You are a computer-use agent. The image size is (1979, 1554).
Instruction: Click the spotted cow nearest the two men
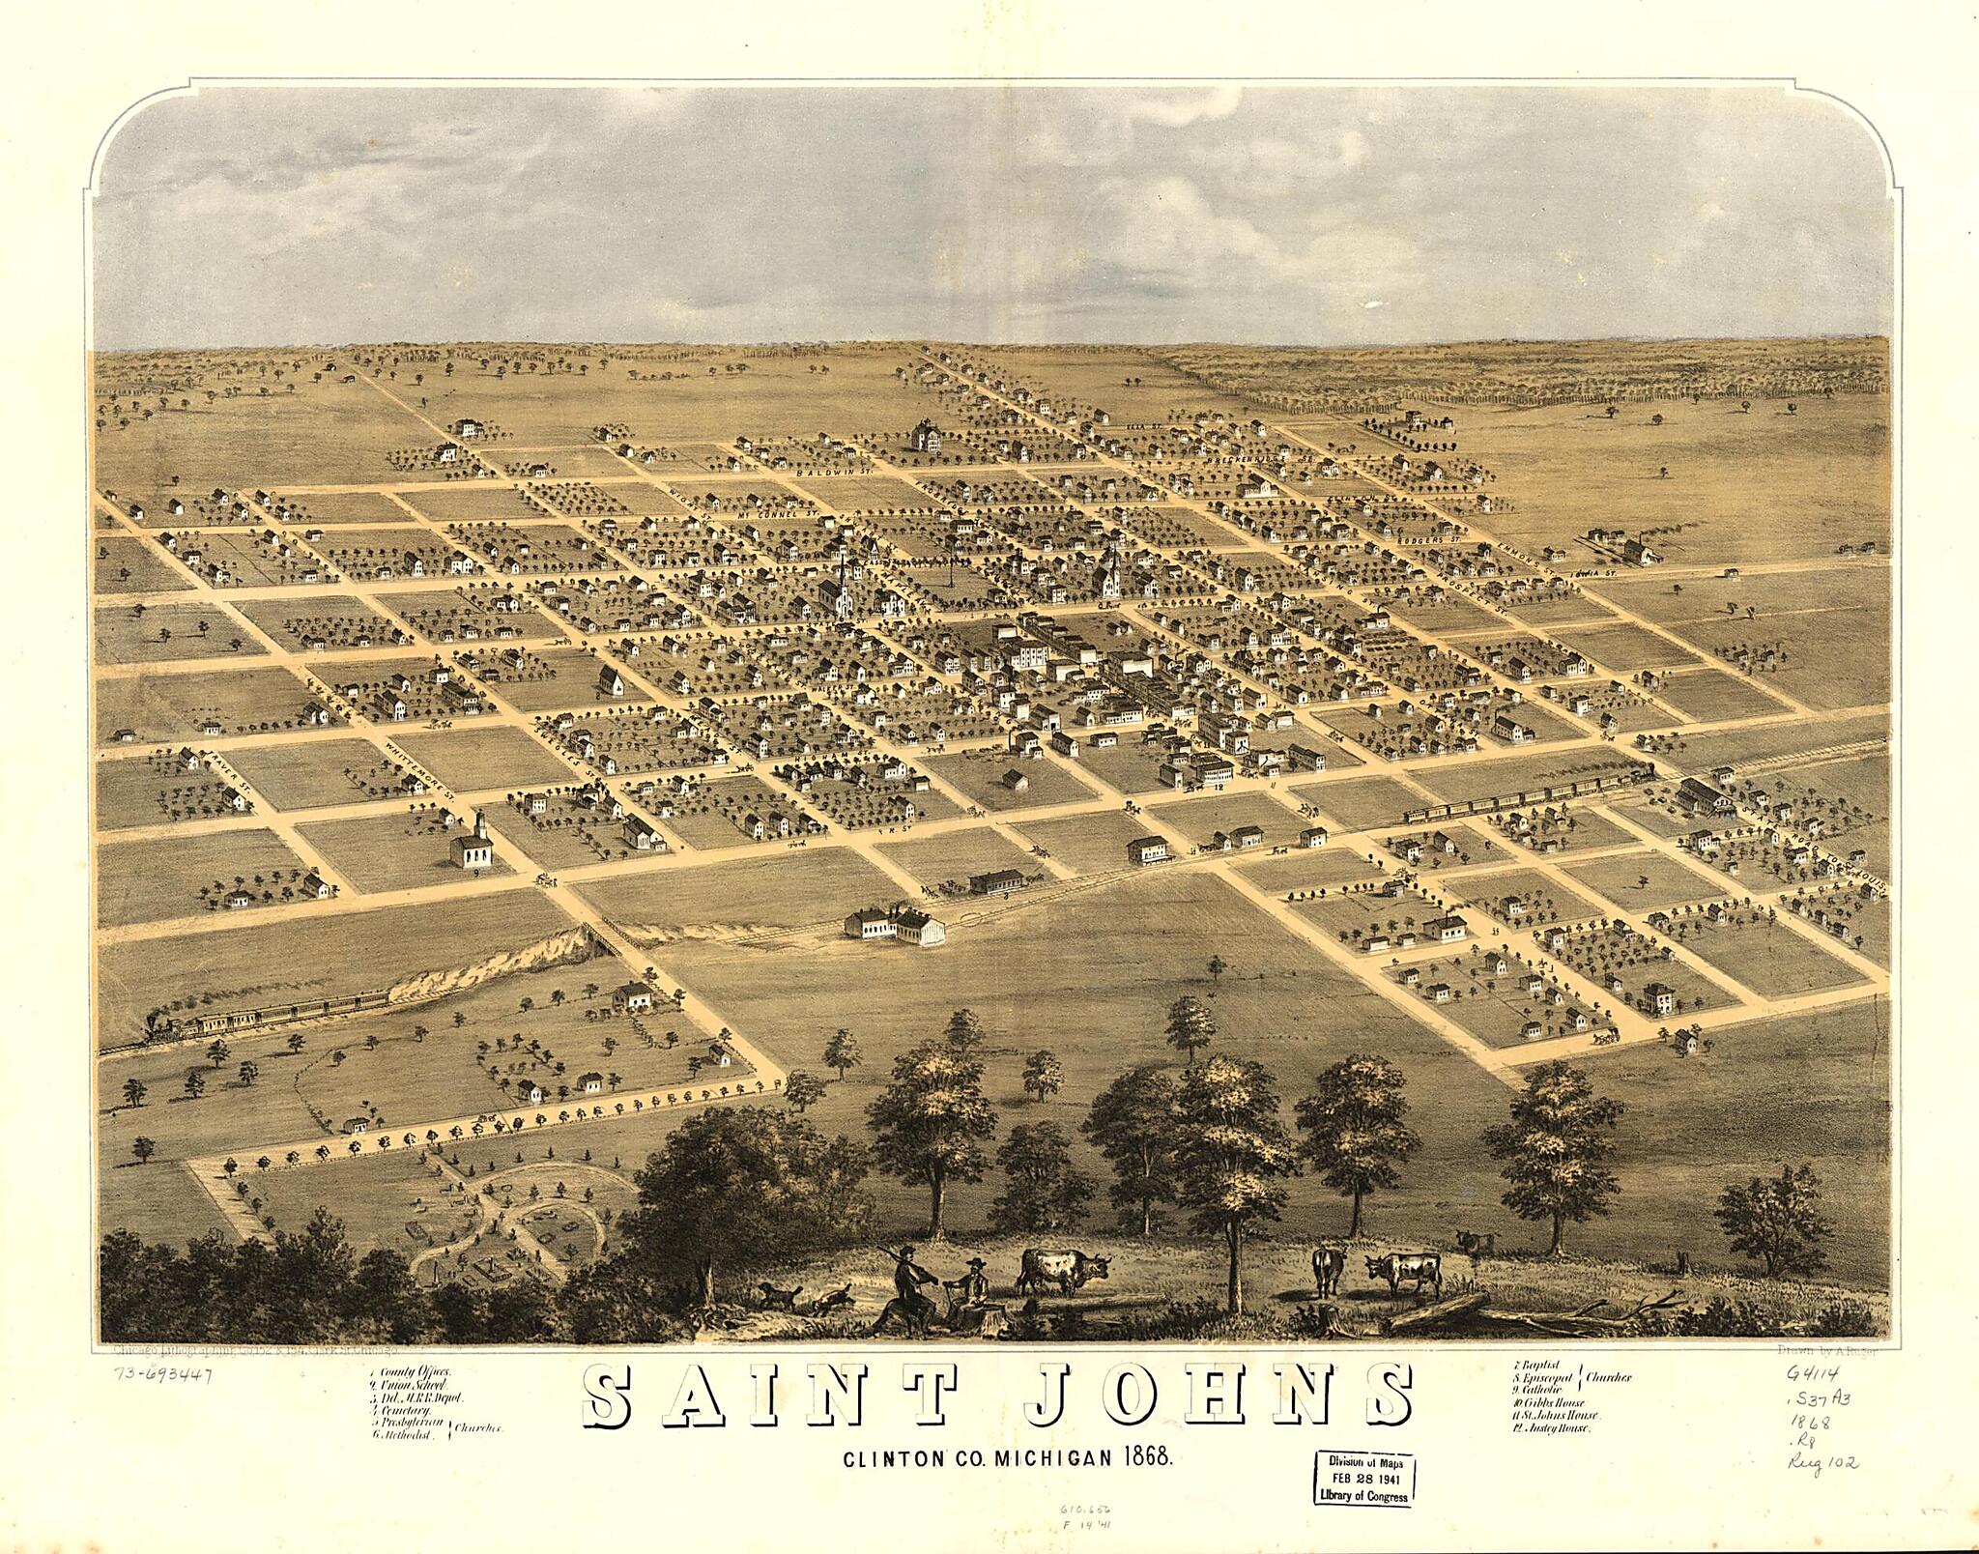click(1063, 1269)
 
